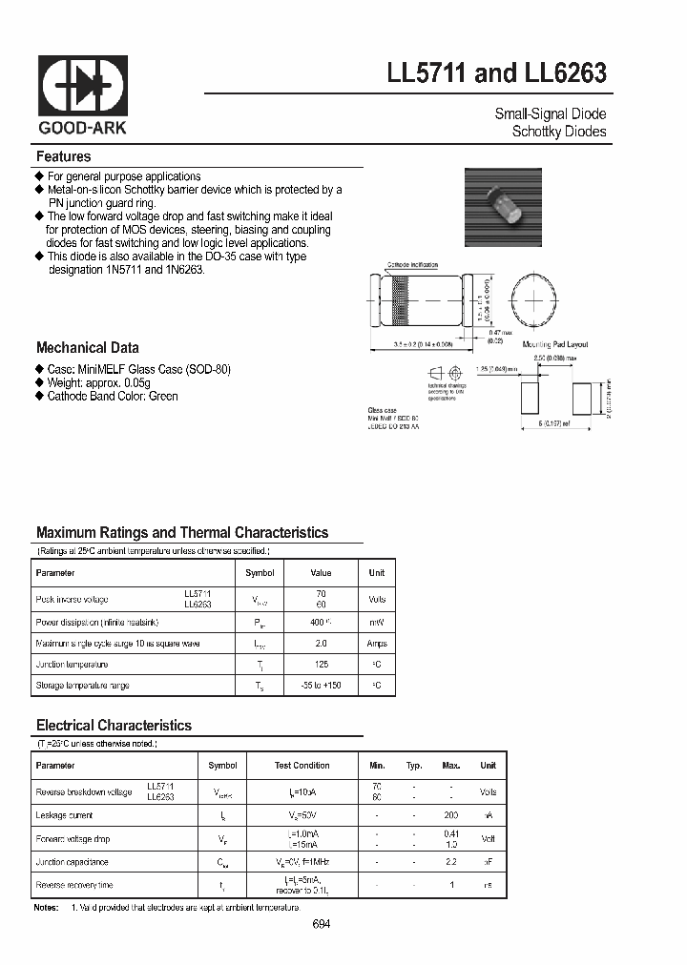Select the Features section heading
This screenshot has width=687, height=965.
pyautogui.click(x=63, y=156)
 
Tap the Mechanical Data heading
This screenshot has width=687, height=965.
pyautogui.click(x=87, y=348)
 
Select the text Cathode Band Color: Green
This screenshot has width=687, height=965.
pyautogui.click(x=112, y=396)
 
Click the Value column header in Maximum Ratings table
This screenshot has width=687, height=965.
pyautogui.click(x=321, y=573)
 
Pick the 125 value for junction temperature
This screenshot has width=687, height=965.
pyautogui.click(x=321, y=665)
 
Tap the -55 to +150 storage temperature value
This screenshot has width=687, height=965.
pyautogui.click(x=321, y=686)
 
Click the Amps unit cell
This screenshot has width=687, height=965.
pyautogui.click(x=377, y=644)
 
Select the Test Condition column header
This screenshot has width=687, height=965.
pyautogui.click(x=302, y=766)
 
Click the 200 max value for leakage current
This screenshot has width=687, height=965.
pyautogui.click(x=450, y=815)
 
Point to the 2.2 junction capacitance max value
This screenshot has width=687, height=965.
pyautogui.click(x=450, y=861)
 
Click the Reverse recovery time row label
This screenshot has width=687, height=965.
pyautogui.click(x=73, y=886)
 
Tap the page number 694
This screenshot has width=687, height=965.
pyautogui.click(x=322, y=925)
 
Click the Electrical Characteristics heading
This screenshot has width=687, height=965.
pyautogui.click(x=114, y=726)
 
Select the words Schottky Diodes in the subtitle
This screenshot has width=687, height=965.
pyautogui.click(x=558, y=132)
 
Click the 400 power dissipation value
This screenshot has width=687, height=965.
pyautogui.click(x=319, y=623)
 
